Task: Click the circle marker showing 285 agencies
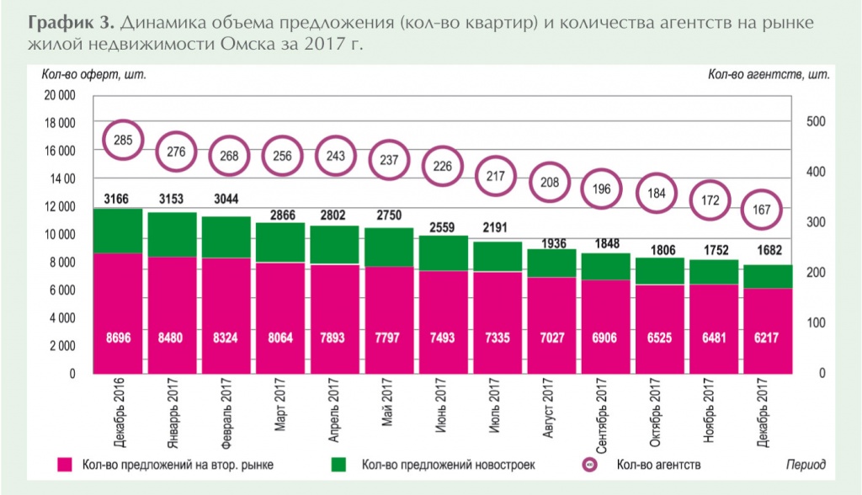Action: tap(123, 140)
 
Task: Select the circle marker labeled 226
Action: tap(443, 166)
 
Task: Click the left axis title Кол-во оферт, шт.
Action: tap(94, 74)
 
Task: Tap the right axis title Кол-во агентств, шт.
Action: tap(769, 74)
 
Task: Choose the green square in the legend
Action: tap(339, 464)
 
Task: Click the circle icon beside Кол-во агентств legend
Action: tap(590, 464)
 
